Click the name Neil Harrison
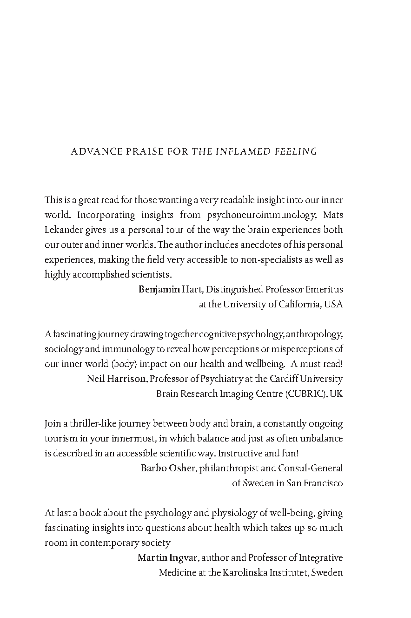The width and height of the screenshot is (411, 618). click(x=116, y=379)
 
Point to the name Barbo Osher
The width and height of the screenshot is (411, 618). click(x=168, y=468)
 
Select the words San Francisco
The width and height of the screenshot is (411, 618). click(x=315, y=483)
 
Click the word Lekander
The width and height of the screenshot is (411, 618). click(x=62, y=230)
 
